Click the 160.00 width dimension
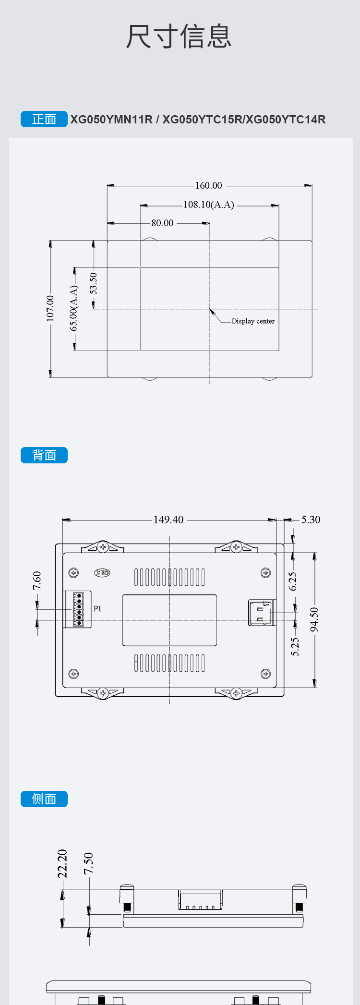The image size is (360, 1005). click(x=208, y=185)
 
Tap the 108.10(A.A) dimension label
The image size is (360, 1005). click(x=209, y=205)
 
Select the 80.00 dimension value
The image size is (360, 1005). click(x=162, y=223)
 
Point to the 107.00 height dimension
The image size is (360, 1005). click(x=50, y=308)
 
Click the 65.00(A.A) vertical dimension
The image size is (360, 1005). click(x=74, y=308)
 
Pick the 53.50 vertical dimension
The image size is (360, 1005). click(x=94, y=283)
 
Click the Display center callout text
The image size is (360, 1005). click(x=253, y=321)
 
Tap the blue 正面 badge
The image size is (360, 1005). click(x=44, y=119)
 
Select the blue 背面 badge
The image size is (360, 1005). click(x=44, y=455)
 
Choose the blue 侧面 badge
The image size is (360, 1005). click(x=44, y=799)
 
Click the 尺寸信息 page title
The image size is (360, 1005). click(x=179, y=36)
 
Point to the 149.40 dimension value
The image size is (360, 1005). click(x=168, y=520)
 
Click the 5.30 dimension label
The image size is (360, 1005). click(x=311, y=520)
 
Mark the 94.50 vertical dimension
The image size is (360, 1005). click(x=314, y=619)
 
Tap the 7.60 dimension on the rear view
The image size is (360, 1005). click(x=37, y=581)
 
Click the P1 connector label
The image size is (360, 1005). click(x=97, y=609)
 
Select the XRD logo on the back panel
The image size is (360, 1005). click(x=102, y=573)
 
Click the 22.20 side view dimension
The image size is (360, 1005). click(x=62, y=864)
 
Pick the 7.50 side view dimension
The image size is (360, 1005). click(x=89, y=864)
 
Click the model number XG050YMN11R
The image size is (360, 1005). click(x=111, y=120)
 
